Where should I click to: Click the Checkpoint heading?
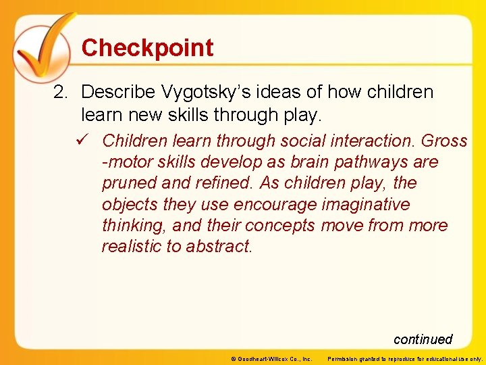147,48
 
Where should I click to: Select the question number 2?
60,92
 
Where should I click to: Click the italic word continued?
423,339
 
